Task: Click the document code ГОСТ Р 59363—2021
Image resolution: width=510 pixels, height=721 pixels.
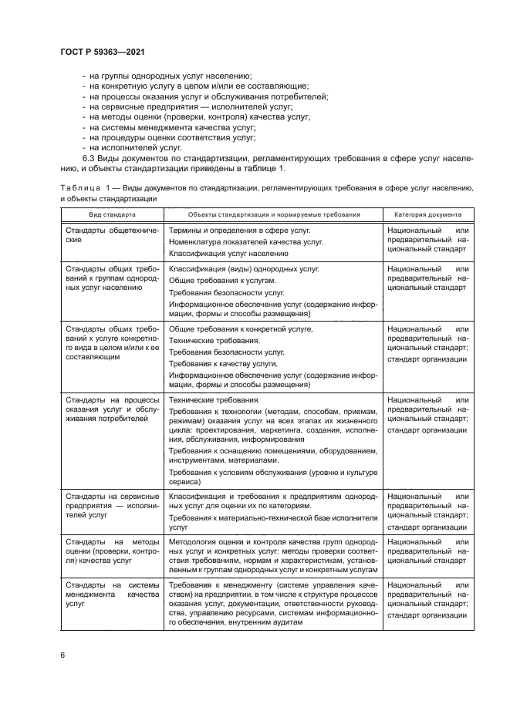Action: click(x=102, y=51)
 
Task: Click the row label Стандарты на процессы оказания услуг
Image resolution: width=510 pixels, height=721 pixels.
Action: click(x=112, y=409)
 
